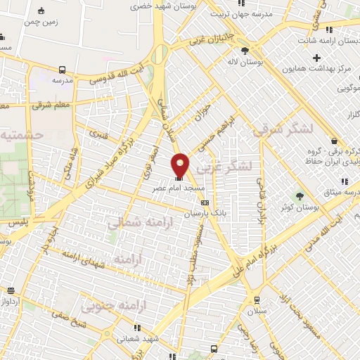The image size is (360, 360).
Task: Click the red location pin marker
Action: point(181,165)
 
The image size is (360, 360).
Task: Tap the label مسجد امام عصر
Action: point(181,189)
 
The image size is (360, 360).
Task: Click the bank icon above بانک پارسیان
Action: point(205,203)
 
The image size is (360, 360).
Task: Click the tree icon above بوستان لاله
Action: point(245,51)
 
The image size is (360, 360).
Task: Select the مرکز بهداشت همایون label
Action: point(316,70)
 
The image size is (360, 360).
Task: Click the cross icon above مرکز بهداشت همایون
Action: point(316,58)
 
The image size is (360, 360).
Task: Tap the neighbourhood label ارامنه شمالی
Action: point(135,223)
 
